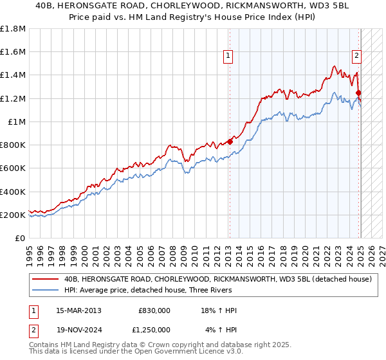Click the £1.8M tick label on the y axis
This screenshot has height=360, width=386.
14,29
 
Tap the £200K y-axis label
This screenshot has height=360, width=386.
13,215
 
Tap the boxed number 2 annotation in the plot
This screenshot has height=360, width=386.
356,55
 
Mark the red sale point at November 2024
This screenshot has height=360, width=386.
359,93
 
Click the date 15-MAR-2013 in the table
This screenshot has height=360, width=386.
79,310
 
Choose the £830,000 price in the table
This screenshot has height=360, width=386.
154,310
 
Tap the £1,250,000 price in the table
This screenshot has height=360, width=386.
152,330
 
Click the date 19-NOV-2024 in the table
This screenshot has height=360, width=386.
79,330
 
